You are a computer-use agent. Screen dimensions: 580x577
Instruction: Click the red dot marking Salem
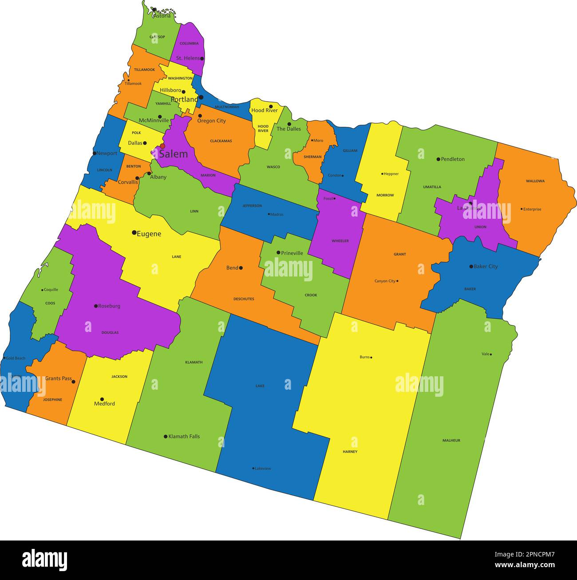(x=162, y=146)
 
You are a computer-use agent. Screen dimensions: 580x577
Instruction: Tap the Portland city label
(x=184, y=99)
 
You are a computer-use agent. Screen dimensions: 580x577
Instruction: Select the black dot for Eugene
(x=134, y=232)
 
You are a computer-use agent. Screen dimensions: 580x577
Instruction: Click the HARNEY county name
(x=350, y=452)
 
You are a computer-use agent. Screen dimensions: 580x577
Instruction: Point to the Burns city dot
(x=371, y=357)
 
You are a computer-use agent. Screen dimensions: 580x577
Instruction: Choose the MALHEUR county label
(x=451, y=440)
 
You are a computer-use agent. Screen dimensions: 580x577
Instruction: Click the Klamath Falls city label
(x=184, y=436)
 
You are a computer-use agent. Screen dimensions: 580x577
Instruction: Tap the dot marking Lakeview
(x=253, y=468)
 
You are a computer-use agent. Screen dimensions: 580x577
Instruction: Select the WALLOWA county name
(x=535, y=181)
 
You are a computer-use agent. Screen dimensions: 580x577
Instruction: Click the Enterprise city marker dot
(x=522, y=209)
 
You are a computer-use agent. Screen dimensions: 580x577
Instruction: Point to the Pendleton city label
(x=453, y=159)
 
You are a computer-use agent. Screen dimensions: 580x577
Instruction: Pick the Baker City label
(x=486, y=266)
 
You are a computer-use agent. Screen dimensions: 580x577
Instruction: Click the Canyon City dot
(x=397, y=281)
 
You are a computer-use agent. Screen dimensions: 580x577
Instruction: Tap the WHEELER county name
(x=340, y=241)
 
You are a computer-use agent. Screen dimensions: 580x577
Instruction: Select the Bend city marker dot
(x=241, y=268)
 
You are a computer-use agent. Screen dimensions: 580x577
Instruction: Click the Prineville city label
(x=292, y=253)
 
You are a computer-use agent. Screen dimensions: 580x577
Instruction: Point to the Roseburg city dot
(x=95, y=306)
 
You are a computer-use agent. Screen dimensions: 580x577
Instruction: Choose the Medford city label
(x=104, y=404)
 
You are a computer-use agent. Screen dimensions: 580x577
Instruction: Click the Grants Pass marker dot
(x=73, y=382)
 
